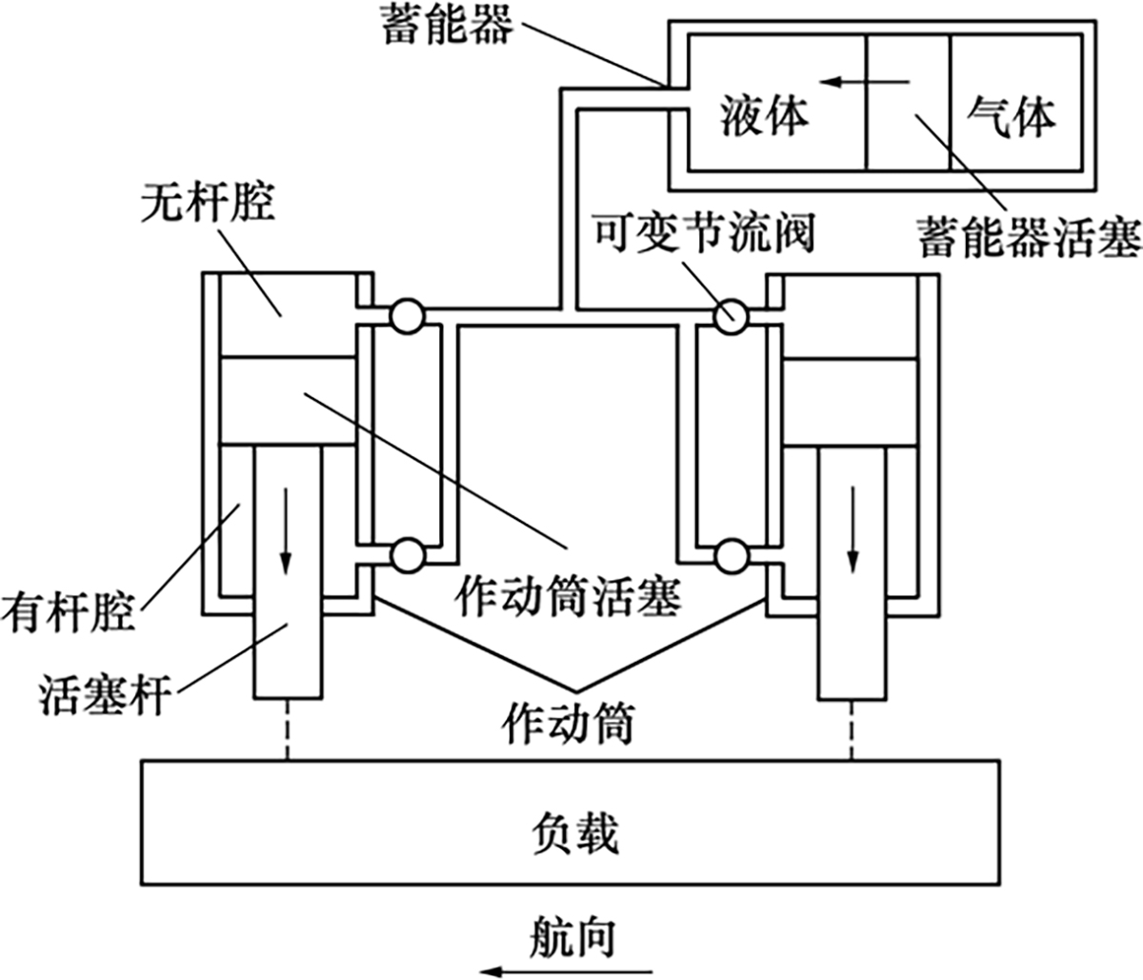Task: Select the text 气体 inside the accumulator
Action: (1012, 117)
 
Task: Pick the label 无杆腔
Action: (206, 203)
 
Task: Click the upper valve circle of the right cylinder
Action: (733, 316)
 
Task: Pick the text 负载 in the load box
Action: (572, 832)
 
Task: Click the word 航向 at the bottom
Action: (571, 935)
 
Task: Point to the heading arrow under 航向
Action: (566, 970)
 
